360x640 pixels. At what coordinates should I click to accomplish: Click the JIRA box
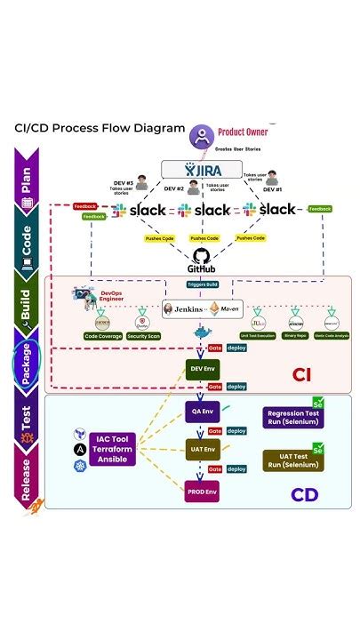point(201,169)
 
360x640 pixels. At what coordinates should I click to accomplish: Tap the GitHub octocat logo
point(200,255)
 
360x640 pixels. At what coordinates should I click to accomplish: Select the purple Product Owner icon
point(201,136)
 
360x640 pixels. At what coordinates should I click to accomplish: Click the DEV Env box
point(202,367)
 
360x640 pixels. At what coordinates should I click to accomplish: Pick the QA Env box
point(202,412)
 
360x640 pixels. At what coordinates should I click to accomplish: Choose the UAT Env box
point(202,449)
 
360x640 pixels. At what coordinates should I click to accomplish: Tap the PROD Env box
point(202,490)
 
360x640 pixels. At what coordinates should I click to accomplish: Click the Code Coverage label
point(103,337)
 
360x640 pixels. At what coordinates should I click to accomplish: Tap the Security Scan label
point(144,337)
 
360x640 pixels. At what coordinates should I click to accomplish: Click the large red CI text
point(302,374)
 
